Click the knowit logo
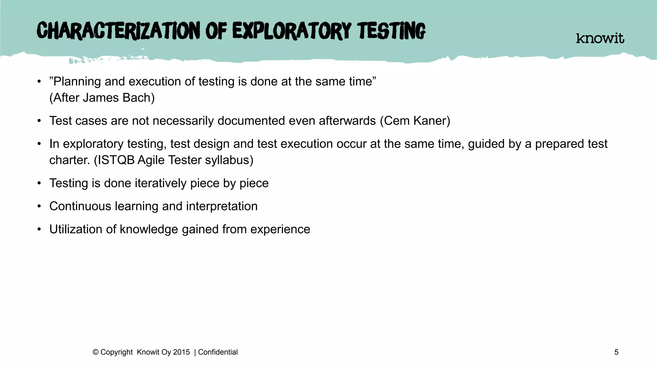(600, 38)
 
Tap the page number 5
(616, 352)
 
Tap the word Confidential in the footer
(218, 352)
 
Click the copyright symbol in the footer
(95, 352)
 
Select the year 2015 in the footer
(181, 352)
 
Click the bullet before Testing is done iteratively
(39, 183)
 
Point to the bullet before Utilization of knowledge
(39, 229)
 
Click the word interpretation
(222, 206)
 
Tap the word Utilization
(76, 229)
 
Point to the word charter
(69, 160)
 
